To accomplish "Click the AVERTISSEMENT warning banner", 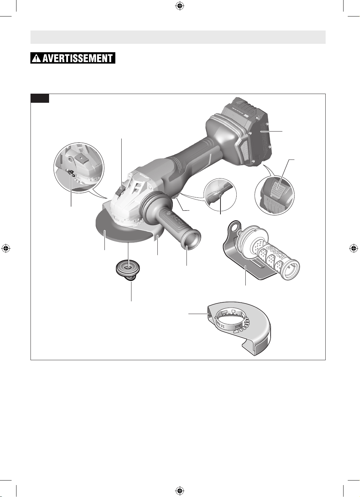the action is tap(73, 58).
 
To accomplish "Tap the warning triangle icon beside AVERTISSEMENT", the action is tap(36, 58).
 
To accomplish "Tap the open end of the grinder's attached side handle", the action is tap(191, 240).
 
